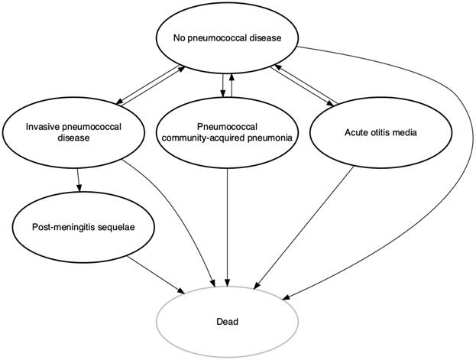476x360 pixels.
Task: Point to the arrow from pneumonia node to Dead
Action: pos(228,222)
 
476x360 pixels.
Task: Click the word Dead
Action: pos(227,322)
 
